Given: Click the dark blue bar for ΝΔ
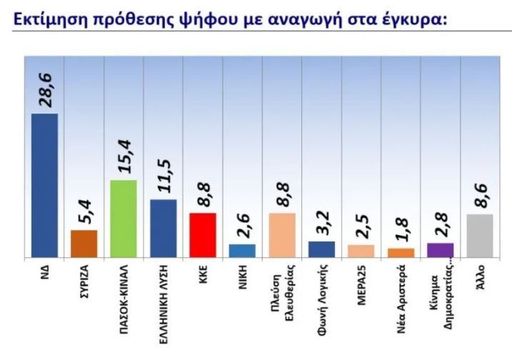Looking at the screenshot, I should coord(45,186).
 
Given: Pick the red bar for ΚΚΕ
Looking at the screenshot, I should coord(203,235).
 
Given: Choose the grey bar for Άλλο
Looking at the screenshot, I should coord(480,236).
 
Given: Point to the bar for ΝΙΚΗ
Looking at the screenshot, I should coord(242,251).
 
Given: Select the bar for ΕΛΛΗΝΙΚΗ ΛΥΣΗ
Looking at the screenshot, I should coord(164,229).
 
